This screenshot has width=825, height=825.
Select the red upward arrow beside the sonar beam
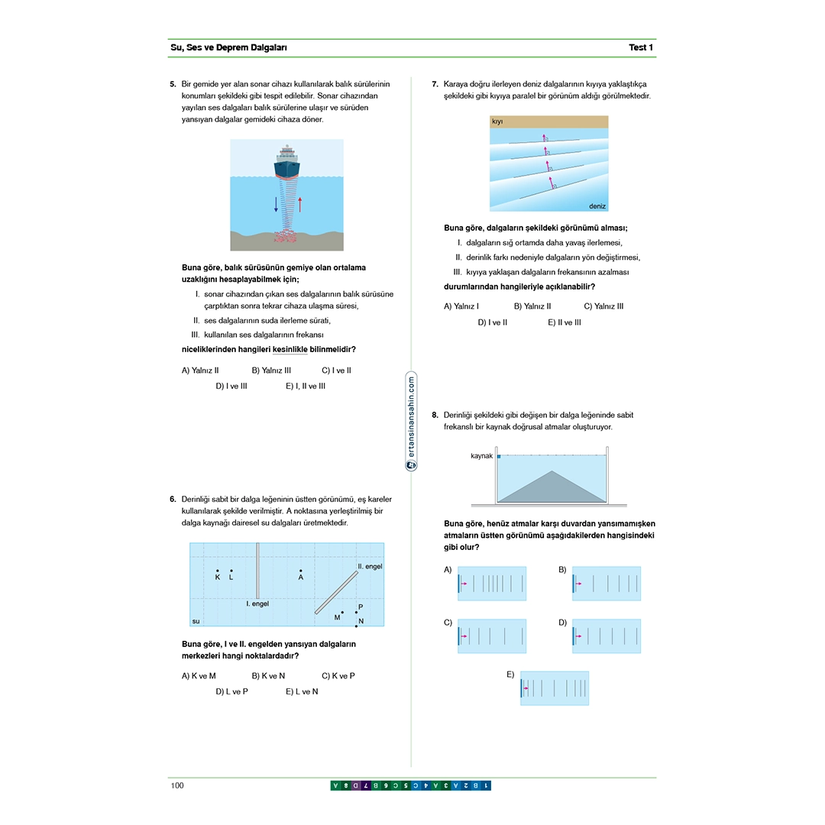(300, 204)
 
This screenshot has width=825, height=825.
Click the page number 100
(177, 786)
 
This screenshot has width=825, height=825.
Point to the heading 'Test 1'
(641, 47)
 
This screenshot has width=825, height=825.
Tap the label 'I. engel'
(257, 603)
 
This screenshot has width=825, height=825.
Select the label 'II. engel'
(370, 567)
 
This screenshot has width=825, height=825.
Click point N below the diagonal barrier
(356, 626)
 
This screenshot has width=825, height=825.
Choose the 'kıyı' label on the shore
(497, 121)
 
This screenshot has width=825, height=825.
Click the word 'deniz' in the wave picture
(597, 206)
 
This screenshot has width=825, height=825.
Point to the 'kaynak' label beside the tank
(481, 456)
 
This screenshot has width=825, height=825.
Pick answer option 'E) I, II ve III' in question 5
(306, 387)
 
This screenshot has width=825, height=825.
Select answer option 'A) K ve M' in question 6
(199, 676)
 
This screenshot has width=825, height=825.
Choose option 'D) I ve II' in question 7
(493, 322)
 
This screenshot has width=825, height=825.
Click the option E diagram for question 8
(555, 687)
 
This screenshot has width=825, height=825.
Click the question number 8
(435, 416)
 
